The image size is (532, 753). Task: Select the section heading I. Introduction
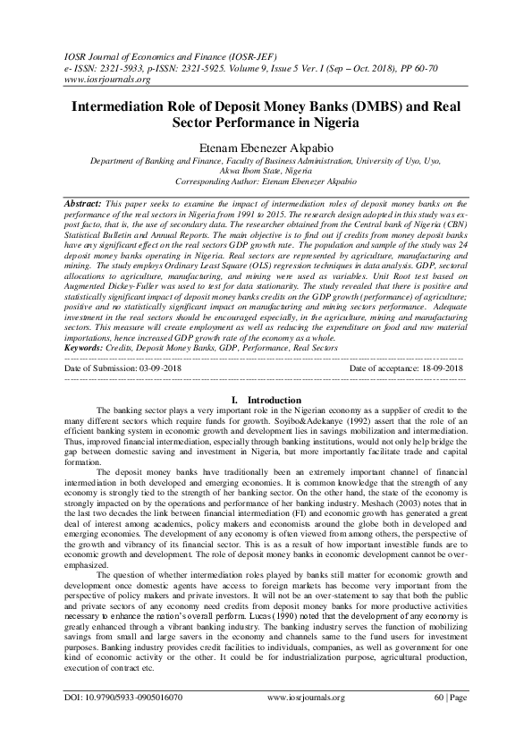pyautogui.click(x=266, y=399)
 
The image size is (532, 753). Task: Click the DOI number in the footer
pyautogui.click(x=124, y=721)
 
